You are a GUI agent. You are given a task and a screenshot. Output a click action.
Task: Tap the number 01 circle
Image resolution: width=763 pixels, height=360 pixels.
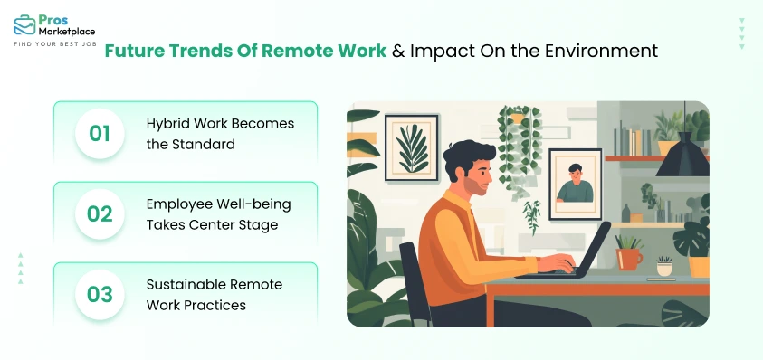(100, 133)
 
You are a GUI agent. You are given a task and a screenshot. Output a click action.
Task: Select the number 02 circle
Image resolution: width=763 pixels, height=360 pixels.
(100, 213)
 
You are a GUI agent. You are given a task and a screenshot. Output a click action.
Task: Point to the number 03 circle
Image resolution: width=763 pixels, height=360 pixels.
(100, 294)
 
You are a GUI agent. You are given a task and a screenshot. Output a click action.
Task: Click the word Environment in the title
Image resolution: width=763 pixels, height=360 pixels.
(607, 51)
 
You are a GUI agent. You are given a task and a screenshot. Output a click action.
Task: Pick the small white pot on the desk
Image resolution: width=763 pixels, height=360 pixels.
(664, 270)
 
